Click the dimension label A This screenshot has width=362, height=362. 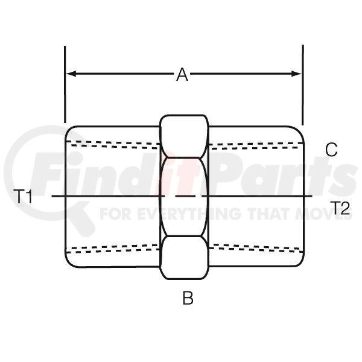coord(182,74)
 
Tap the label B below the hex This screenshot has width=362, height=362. coord(188,297)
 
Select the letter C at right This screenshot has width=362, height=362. coord(331,150)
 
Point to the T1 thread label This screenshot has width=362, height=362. coord(23,196)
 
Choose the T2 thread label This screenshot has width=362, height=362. coord(340,208)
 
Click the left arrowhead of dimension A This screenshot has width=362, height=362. coord(71,74)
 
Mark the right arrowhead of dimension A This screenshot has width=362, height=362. coord(297,74)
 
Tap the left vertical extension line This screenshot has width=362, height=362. coord(65,84)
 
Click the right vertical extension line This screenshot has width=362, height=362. coord(303,85)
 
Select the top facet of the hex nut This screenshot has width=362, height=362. coord(184,136)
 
